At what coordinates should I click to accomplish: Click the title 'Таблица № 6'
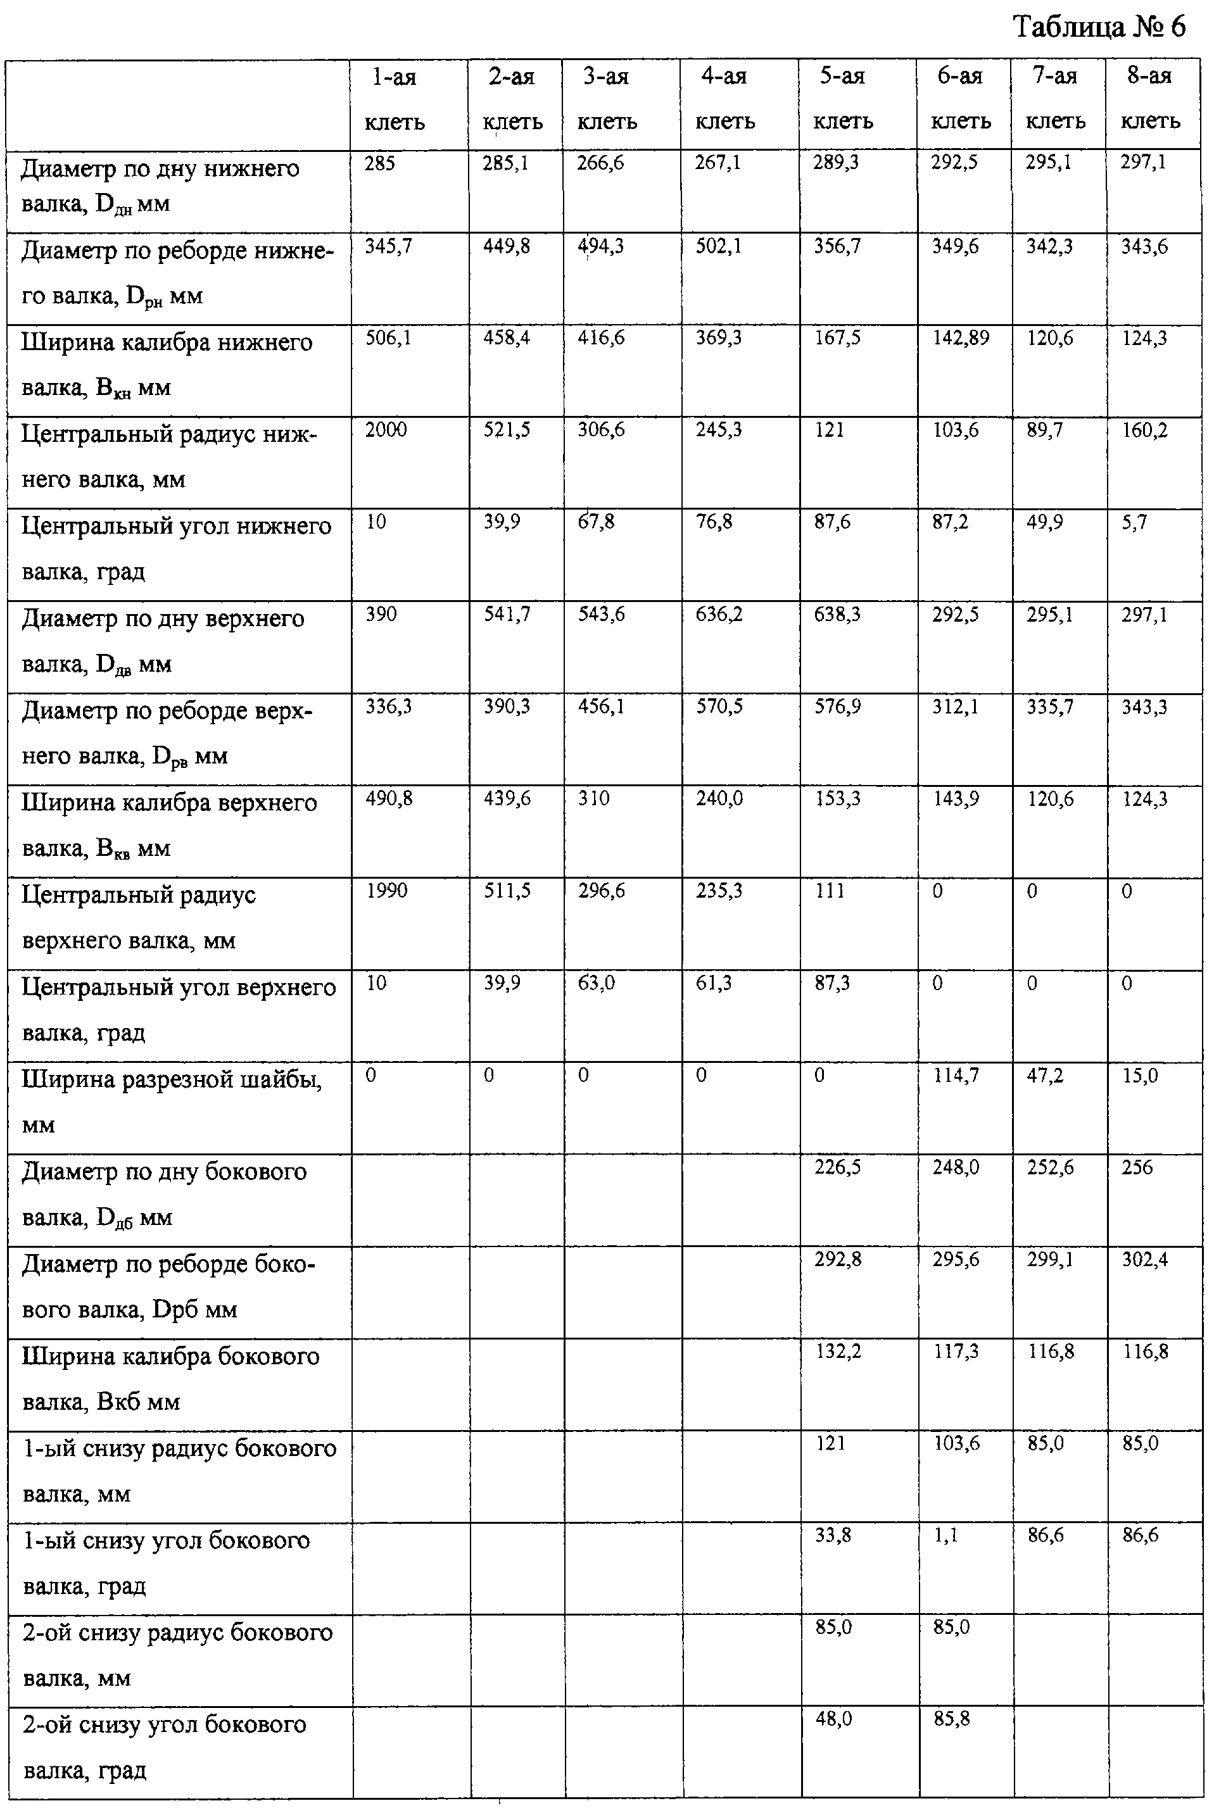pos(1099,28)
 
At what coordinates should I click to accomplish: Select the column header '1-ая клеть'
pos(394,99)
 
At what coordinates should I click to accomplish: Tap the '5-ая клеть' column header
pos(842,98)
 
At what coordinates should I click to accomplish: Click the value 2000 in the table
pos(386,430)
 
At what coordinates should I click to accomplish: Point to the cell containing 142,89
pos(960,338)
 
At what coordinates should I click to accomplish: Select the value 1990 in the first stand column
pos(386,891)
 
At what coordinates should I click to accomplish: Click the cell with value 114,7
pos(956,1076)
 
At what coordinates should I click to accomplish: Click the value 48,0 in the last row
pos(834,1719)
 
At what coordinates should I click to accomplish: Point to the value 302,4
pos(1145,1260)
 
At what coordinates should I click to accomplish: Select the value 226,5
pos(838,1168)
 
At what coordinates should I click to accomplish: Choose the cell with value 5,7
pos(1134,522)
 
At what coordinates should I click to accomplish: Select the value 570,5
pos(719,706)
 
